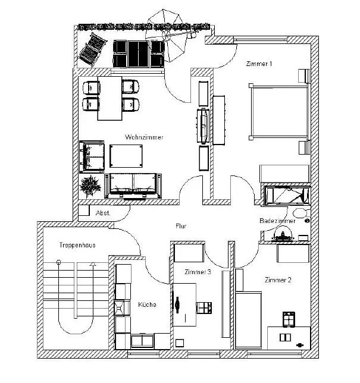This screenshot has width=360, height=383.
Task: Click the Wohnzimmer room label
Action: pyautogui.click(x=144, y=137)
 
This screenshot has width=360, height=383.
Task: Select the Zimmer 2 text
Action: pyautogui.click(x=278, y=280)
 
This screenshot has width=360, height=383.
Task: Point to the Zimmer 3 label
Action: pyautogui.click(x=198, y=272)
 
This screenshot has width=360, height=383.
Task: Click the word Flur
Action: pyautogui.click(x=181, y=227)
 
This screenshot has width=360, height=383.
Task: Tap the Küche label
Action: pyautogui.click(x=147, y=304)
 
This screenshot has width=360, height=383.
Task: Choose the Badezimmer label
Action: pyautogui.click(x=277, y=221)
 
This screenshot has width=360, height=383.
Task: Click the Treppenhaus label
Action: pyautogui.click(x=77, y=245)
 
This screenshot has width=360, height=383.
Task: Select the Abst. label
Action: pyautogui.click(x=102, y=212)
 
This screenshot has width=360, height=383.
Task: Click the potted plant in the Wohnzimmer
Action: pyautogui.click(x=90, y=186)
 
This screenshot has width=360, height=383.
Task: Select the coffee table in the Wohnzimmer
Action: pyautogui.click(x=127, y=156)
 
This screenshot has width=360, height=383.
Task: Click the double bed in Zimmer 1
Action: pyautogui.click(x=278, y=112)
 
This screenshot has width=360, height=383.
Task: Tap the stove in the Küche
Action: pyautogui.click(x=121, y=307)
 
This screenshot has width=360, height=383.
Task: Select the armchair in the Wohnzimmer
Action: pyautogui.click(x=91, y=156)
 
